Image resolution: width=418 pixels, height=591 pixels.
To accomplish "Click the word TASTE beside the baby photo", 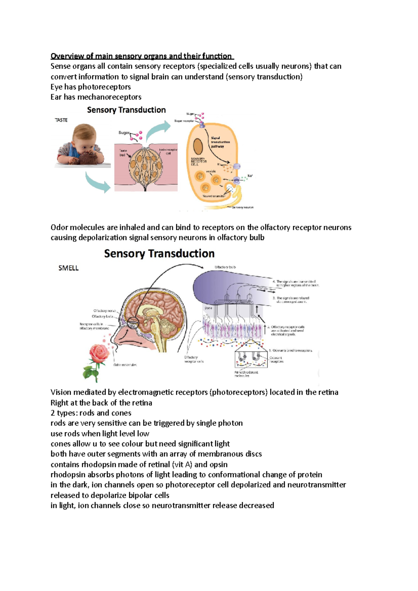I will coord(61,120).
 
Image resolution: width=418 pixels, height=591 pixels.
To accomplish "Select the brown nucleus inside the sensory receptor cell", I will coord(198,146).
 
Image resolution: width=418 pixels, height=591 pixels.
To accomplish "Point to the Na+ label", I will coord(250,176).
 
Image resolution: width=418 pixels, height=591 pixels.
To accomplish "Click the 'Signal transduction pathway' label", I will coord(220,142).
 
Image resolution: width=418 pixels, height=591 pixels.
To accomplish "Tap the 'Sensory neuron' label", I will coord(243,207).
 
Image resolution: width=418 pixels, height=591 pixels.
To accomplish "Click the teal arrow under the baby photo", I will coord(98,182).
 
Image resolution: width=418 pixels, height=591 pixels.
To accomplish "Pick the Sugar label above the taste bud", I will coord(124,133).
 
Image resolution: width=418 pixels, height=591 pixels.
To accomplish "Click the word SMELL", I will coord(68,268).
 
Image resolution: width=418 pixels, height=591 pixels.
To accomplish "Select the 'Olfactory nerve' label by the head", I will coord(104,311).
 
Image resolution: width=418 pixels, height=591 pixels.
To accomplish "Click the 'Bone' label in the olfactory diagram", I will coord(208,308).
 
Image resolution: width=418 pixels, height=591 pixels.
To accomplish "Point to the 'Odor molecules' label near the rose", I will coord(125,365).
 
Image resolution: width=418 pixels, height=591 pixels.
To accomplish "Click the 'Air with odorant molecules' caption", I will coord(246,374).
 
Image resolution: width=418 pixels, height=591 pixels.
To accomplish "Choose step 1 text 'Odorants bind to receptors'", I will coord(291,350).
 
